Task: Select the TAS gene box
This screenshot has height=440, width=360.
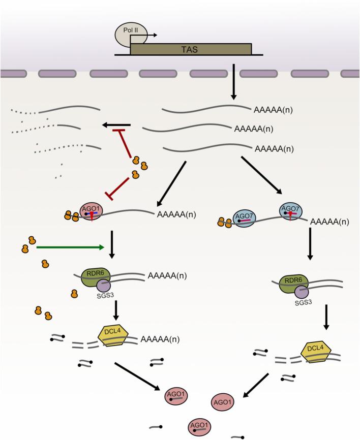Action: click(191, 49)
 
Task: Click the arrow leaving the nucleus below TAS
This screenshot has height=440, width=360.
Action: click(234, 81)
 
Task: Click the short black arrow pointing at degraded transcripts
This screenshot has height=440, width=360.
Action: click(116, 124)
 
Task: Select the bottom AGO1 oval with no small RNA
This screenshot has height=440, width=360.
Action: click(225, 401)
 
